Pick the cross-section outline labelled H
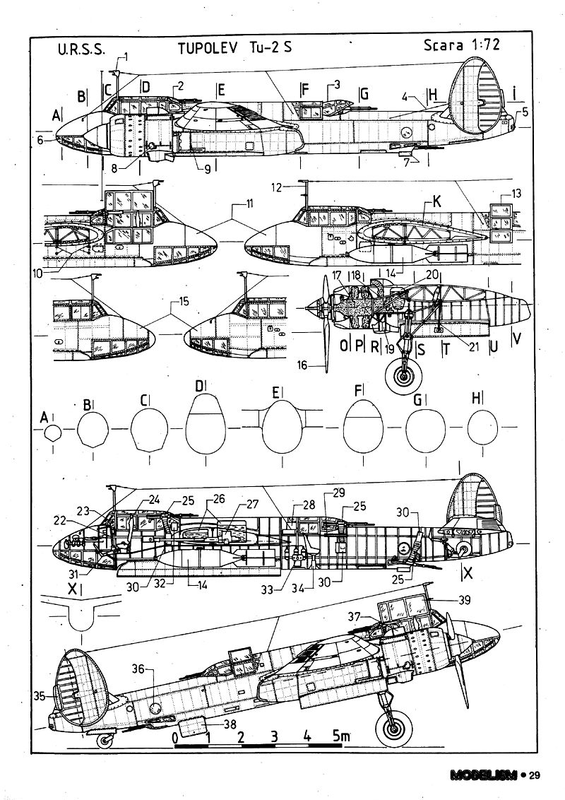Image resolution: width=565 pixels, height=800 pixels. [482, 429]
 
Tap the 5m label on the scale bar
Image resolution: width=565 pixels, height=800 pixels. [340, 736]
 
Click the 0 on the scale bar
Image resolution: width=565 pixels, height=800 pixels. [174, 736]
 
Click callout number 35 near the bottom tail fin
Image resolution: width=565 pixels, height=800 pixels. [40, 696]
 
